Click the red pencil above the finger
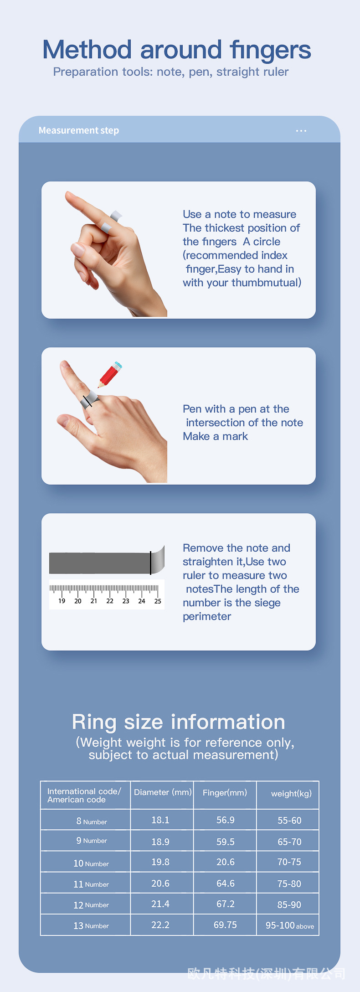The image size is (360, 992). pyautogui.click(x=110, y=374)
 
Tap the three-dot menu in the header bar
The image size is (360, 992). pyautogui.click(x=301, y=131)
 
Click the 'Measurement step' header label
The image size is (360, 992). pyautogui.click(x=79, y=130)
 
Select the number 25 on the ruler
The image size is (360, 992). pyautogui.click(x=158, y=601)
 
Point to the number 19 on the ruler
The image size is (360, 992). pyautogui.click(x=62, y=601)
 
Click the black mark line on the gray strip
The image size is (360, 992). pyautogui.click(x=150, y=563)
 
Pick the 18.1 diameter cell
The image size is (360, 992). pyautogui.click(x=160, y=820)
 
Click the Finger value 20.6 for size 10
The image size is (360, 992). pyautogui.click(x=226, y=862)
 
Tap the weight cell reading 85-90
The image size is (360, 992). pyautogui.click(x=289, y=904)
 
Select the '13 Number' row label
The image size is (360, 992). pyautogui.click(x=91, y=925)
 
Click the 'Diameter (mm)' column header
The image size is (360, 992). pyautogui.click(x=163, y=792)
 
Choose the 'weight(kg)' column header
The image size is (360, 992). pyautogui.click(x=291, y=794)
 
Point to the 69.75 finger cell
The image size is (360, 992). pyautogui.click(x=226, y=925)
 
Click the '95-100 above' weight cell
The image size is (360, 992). pyautogui.click(x=290, y=925)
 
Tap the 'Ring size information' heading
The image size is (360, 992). pyautogui.click(x=179, y=722)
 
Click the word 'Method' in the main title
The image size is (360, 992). pyautogui.click(x=87, y=50)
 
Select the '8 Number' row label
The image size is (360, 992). pyautogui.click(x=92, y=821)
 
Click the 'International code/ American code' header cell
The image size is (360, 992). pyautogui.click(x=84, y=796)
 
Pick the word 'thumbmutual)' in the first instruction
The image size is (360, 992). pyautogui.click(x=267, y=283)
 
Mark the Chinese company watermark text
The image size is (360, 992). pyautogui.click(x=266, y=974)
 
